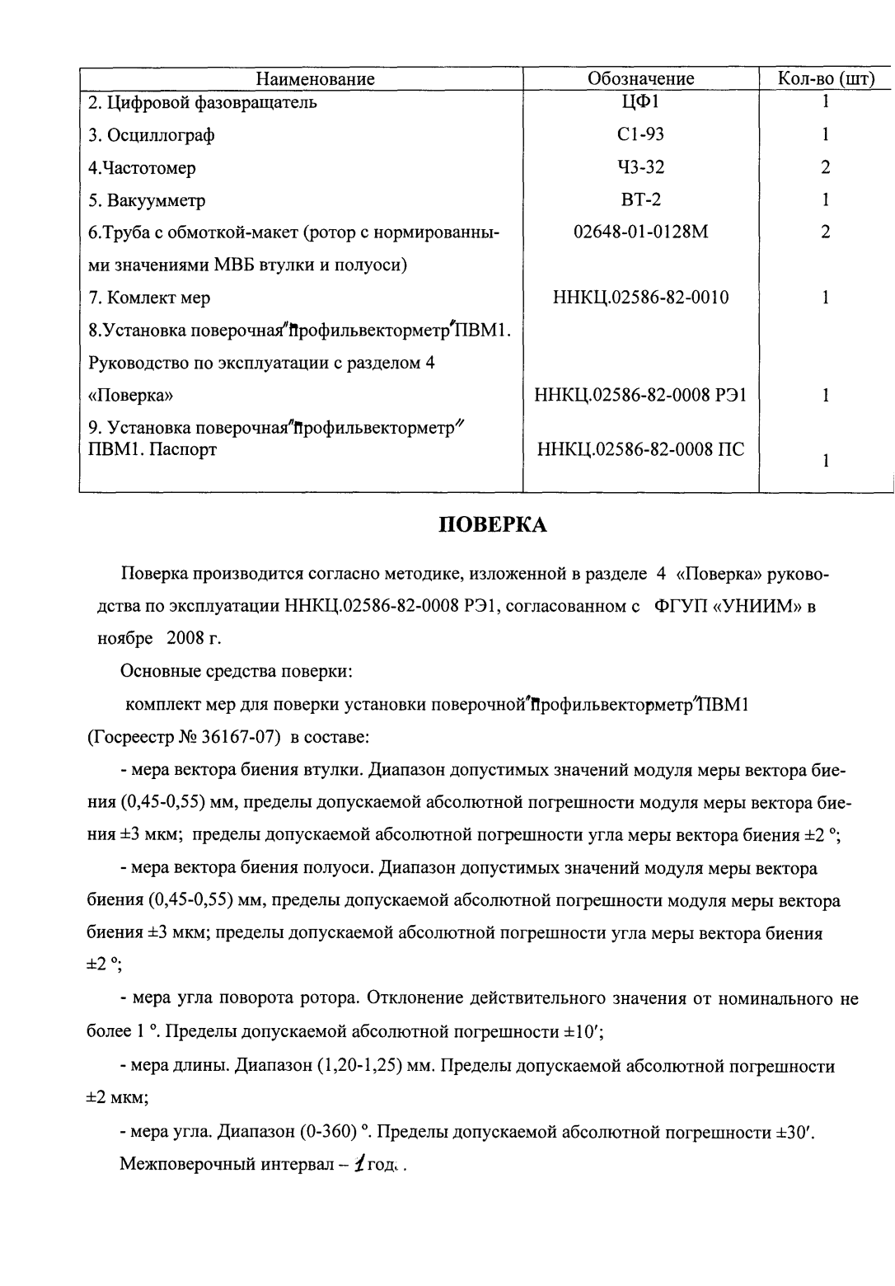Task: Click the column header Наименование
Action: coord(315,79)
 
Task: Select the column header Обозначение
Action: coord(640,79)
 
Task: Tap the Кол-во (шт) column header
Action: coord(826,79)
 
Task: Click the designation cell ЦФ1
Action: coord(640,102)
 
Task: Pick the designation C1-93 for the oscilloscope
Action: coord(640,135)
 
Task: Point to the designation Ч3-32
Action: coord(640,168)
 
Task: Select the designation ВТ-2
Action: coord(640,200)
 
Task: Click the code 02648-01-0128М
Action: coord(640,232)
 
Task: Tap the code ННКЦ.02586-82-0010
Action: coord(640,298)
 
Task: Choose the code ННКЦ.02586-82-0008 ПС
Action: coord(640,450)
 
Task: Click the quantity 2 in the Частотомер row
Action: coord(825,168)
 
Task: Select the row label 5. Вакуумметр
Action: coord(147,201)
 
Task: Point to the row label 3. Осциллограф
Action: coord(152,136)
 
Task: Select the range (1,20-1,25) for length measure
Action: coord(359,1067)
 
